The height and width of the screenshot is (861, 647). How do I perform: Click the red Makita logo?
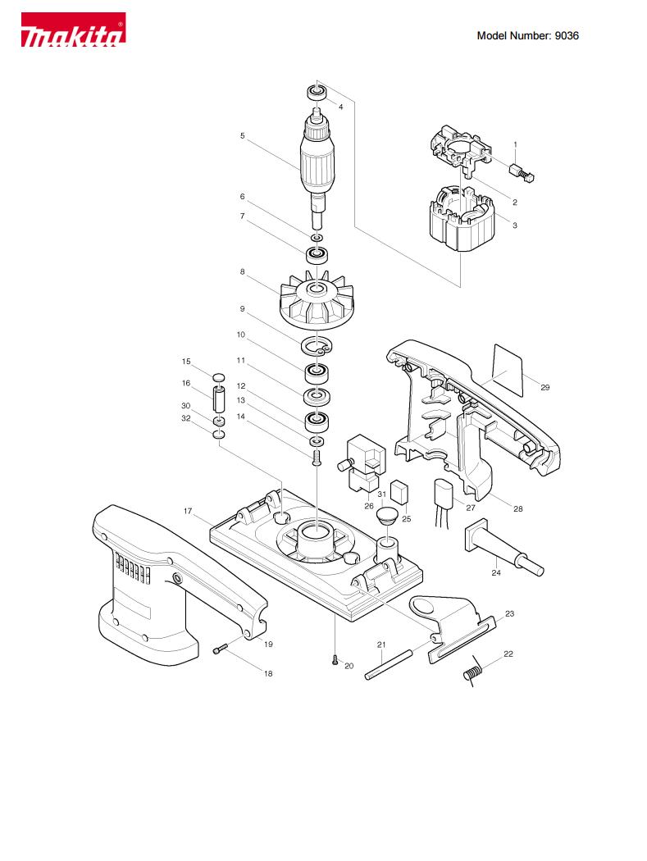73,30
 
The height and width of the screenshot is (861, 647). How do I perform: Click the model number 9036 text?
567,36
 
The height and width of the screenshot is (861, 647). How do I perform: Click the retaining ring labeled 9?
317,346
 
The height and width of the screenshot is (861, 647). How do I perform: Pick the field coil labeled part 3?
460,220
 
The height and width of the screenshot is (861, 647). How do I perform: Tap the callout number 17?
188,511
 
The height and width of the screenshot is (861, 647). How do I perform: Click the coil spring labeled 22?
472,671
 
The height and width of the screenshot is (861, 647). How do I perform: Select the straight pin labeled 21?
389,665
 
